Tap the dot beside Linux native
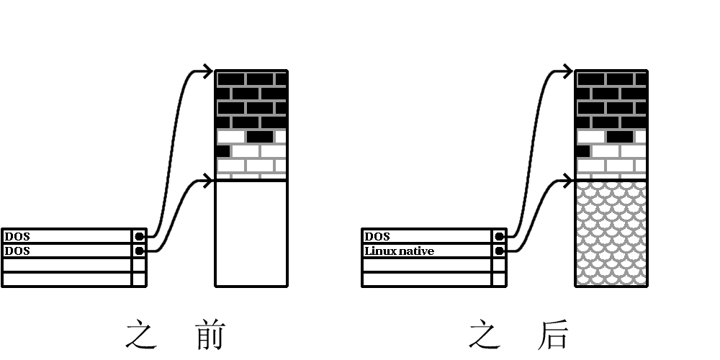tap(499, 251)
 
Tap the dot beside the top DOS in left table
tap(139, 236)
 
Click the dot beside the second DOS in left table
tap(139, 251)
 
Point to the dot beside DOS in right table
tap(499, 236)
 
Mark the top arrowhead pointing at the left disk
tap(208, 71)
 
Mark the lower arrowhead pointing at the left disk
tap(208, 180)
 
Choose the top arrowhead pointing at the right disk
tap(568, 71)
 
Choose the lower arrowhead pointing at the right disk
tap(568, 180)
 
